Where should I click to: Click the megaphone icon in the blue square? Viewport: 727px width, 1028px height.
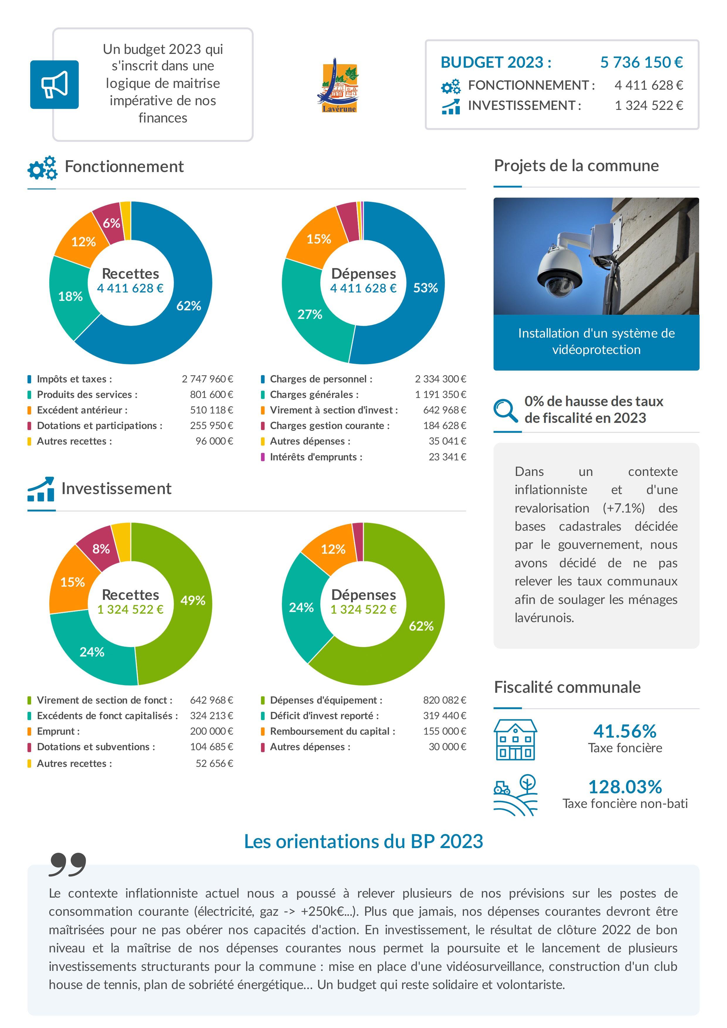[x=54, y=85]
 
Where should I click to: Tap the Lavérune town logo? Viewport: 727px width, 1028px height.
[x=339, y=86]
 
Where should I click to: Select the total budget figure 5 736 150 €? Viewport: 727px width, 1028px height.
[x=641, y=62]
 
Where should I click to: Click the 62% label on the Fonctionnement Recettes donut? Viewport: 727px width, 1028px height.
[x=189, y=306]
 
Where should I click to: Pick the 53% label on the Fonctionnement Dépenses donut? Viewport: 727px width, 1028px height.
[x=425, y=288]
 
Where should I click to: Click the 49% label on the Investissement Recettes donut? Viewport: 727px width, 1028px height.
[x=193, y=600]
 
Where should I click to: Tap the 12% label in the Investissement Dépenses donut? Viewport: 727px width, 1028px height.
[x=333, y=549]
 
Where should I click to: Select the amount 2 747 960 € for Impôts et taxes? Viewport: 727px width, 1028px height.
[x=207, y=379]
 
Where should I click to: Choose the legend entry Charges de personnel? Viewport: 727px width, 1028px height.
[x=321, y=379]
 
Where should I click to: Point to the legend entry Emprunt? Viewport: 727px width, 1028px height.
[x=58, y=731]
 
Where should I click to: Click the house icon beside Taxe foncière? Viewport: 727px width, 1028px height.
[x=515, y=740]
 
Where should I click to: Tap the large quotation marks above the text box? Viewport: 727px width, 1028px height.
[x=67, y=864]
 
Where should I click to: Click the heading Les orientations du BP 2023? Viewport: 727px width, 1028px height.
[x=363, y=842]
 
